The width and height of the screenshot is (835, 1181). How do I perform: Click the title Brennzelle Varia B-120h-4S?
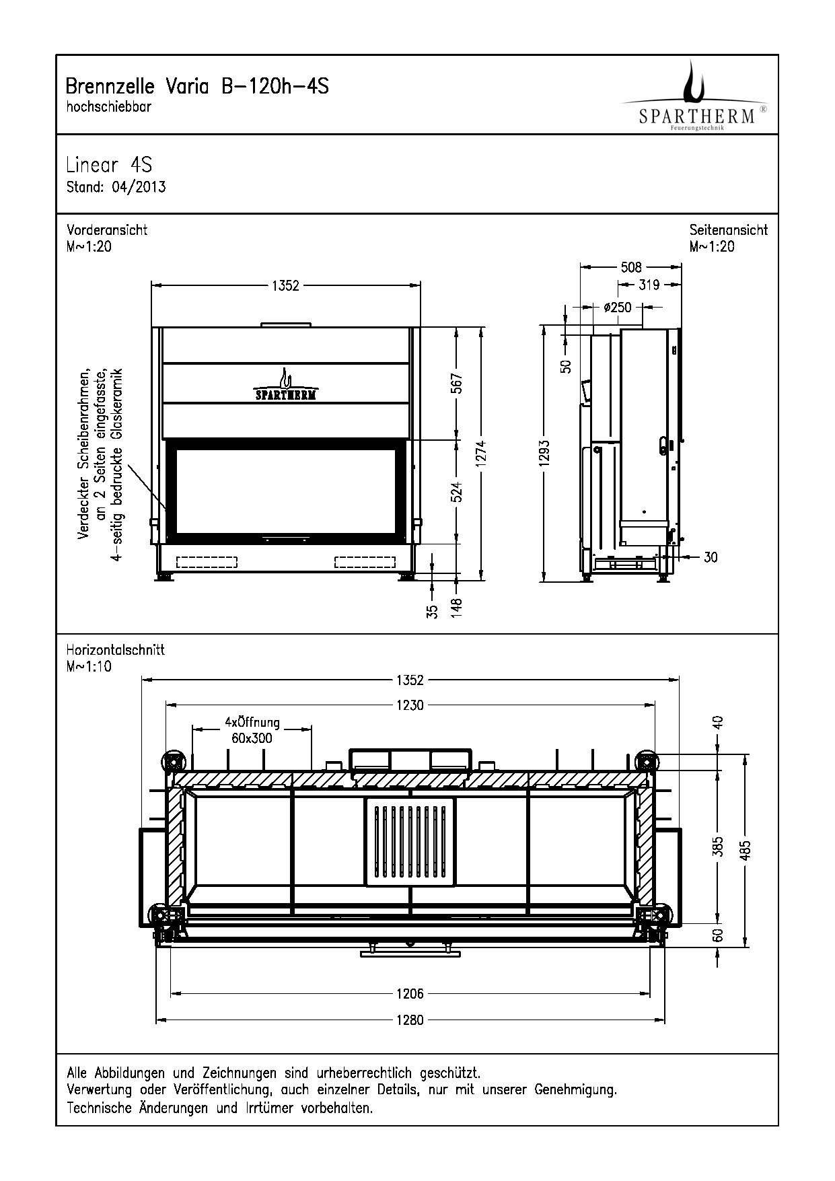[197, 87]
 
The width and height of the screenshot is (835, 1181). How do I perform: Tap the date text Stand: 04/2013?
[116, 187]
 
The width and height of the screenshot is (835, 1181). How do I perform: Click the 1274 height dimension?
[481, 455]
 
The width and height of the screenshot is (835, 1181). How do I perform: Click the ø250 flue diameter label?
[618, 308]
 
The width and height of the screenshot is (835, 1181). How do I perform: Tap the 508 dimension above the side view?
[631, 267]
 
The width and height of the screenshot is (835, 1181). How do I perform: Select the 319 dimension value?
[649, 285]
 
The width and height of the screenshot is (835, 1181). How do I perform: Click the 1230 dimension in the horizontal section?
[410, 705]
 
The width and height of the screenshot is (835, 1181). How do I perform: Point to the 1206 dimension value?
[410, 993]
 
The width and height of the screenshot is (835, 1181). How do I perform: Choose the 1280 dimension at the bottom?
[410, 1020]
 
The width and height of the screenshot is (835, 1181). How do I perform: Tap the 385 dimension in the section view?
[718, 847]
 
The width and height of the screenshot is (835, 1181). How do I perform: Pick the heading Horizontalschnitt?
[115, 651]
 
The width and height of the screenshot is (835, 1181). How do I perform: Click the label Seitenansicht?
[729, 230]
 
